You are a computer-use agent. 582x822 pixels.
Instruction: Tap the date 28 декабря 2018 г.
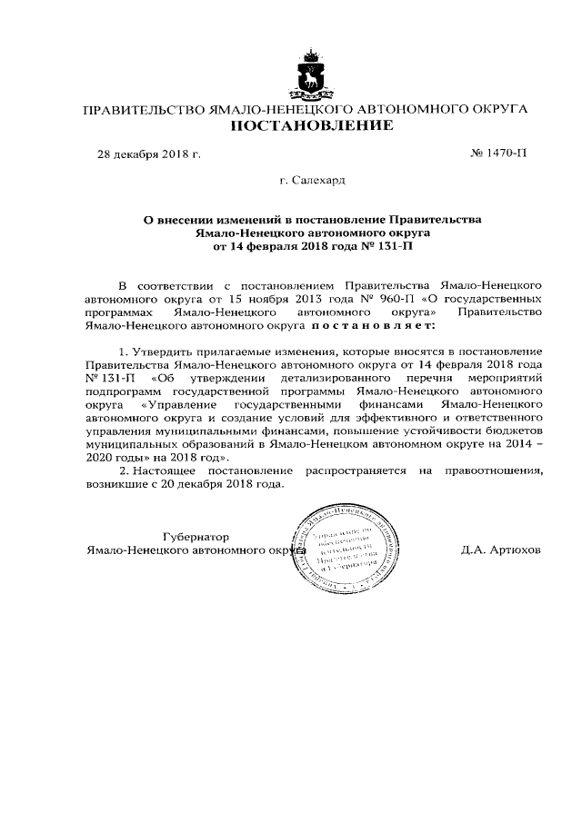pyautogui.click(x=149, y=154)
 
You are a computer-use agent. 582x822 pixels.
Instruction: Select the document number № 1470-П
pyautogui.click(x=498, y=154)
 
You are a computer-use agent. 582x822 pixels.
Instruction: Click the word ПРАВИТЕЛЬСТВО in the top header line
pyautogui.click(x=144, y=109)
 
